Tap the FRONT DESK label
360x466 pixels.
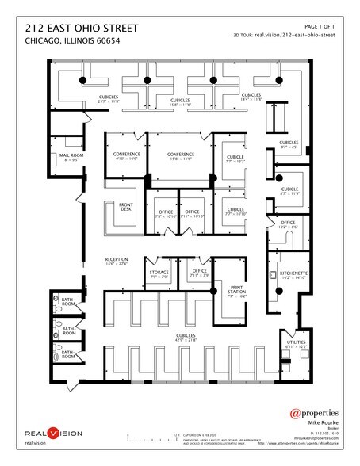125,207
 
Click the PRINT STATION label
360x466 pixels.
237,288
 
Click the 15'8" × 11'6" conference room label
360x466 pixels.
182,154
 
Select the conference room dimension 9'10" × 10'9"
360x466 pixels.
127,159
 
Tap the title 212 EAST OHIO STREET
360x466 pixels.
82,28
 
